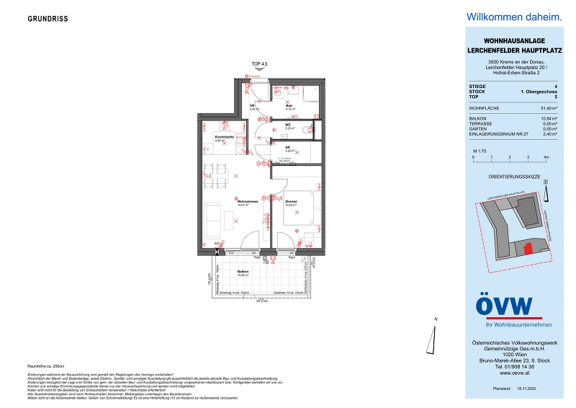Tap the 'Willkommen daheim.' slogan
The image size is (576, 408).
[513, 17]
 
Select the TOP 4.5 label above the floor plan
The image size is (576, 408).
[259, 64]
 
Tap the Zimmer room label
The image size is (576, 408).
[291, 202]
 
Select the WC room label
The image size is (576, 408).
[288, 125]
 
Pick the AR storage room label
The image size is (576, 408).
[287, 148]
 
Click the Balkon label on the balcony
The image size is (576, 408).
[243, 272]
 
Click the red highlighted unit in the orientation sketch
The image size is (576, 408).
[528, 248]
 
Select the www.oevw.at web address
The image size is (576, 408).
[513, 373]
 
